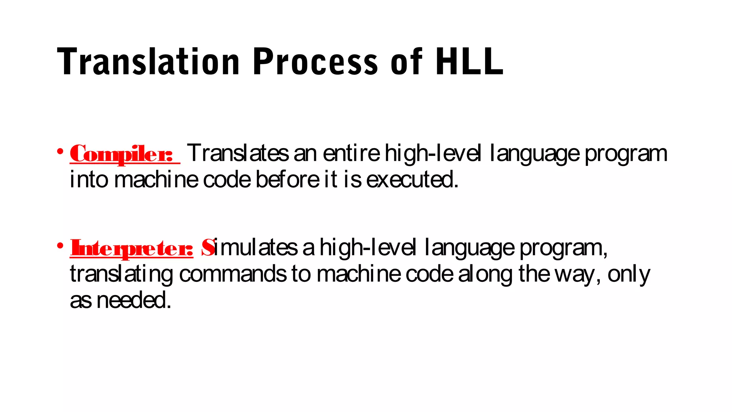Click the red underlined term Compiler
pos(122,154)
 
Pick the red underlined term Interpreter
pos(132,248)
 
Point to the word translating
pos(122,274)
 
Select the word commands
pos(233,274)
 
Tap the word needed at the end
pos(133,300)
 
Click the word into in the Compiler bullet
pos(89,180)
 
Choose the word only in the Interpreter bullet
pos(629,275)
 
